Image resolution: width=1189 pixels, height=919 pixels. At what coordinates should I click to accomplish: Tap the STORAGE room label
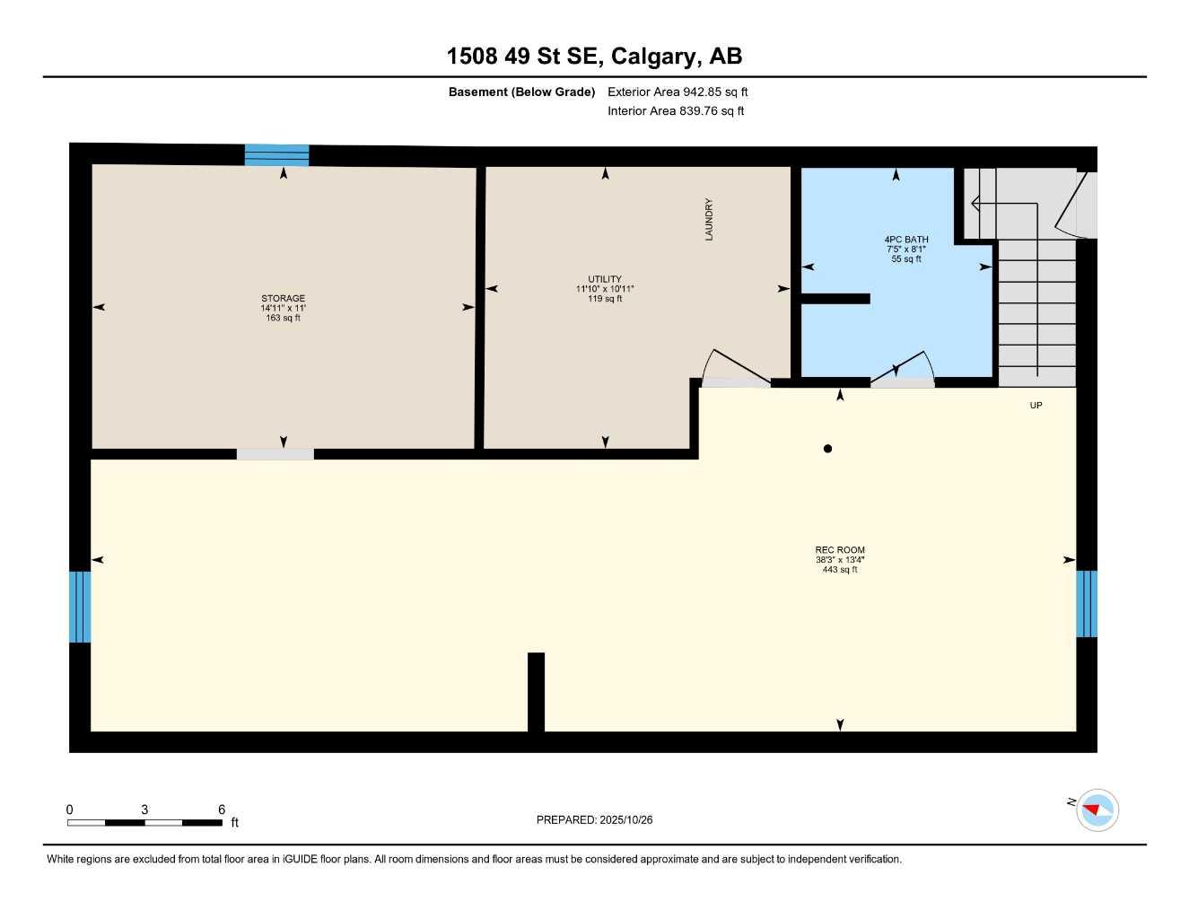click(283, 299)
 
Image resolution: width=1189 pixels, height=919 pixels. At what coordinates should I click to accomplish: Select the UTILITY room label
click(605, 279)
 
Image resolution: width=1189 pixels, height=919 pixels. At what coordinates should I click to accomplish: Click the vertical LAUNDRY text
click(709, 219)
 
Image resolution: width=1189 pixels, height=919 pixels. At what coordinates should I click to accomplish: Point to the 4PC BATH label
click(906, 240)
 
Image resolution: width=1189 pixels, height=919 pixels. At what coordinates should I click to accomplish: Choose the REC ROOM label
click(840, 550)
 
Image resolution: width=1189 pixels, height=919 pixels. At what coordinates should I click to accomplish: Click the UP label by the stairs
click(1036, 406)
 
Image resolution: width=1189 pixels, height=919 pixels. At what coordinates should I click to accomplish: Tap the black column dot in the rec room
click(827, 449)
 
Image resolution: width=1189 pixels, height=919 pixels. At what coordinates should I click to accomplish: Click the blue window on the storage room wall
click(276, 155)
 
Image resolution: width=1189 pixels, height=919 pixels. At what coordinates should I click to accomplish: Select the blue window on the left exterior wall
click(80, 607)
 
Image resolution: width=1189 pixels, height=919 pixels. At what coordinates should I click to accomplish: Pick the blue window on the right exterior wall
click(1086, 603)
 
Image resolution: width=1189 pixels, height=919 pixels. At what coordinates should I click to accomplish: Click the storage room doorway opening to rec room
click(275, 454)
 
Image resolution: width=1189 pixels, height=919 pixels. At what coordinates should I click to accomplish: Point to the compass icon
click(1097, 810)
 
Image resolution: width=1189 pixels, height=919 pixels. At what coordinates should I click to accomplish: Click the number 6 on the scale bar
click(222, 809)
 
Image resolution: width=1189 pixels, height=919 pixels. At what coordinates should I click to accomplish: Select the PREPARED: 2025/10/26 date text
click(594, 819)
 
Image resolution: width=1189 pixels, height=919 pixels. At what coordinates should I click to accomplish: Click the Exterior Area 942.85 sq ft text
click(678, 92)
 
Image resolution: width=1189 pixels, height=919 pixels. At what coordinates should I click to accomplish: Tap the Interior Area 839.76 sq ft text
click(676, 111)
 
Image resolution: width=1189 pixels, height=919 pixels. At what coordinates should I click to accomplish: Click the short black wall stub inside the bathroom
click(835, 299)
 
